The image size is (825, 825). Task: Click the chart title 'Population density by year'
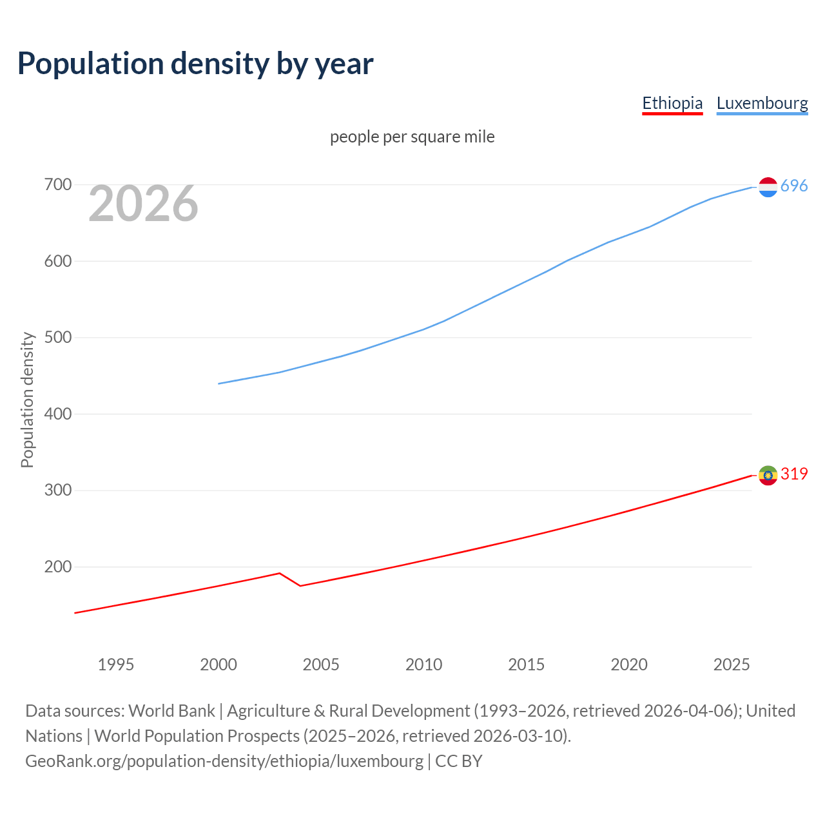[x=195, y=64]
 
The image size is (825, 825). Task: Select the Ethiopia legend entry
[x=672, y=103]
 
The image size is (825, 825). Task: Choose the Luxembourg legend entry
[x=762, y=103]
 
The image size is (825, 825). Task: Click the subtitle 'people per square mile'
[x=412, y=137]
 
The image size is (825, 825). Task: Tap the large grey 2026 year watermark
[x=143, y=204]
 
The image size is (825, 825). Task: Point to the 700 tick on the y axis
[x=57, y=185]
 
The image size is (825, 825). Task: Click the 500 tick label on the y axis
[x=57, y=338]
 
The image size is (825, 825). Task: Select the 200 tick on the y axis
[x=57, y=567]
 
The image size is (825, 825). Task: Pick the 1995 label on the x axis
[x=116, y=665]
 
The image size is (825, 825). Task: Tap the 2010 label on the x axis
[x=423, y=665]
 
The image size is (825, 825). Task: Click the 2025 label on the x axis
[x=732, y=665]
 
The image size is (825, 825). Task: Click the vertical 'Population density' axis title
[x=27, y=400]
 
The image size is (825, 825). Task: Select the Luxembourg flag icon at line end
[x=768, y=187]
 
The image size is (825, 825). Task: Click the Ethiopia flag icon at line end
[x=768, y=475]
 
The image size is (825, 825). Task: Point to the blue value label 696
[x=794, y=186]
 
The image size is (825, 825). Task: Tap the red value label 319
[x=794, y=474]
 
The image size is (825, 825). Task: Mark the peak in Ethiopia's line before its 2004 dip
[x=279, y=573]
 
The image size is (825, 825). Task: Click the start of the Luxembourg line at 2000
[x=219, y=383]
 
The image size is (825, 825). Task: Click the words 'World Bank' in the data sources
[x=171, y=711]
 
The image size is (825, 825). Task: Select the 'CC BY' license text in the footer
[x=458, y=761]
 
